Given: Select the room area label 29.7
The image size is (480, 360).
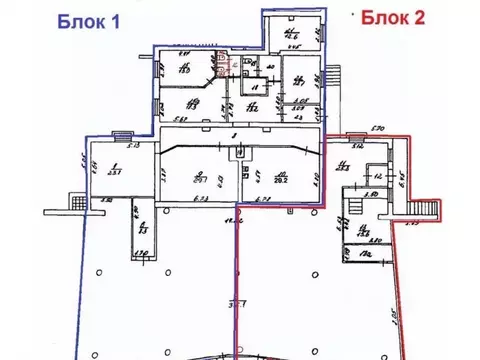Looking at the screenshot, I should point(201,181).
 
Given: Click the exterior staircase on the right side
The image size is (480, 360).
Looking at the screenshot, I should point(417,208).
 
